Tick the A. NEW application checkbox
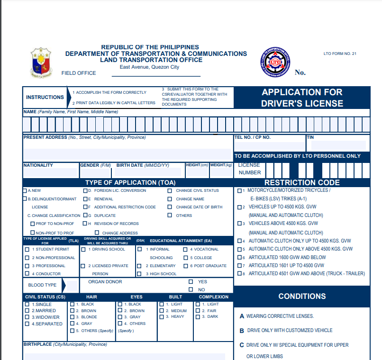25,191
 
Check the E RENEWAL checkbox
85,199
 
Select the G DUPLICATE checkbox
85,215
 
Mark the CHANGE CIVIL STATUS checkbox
169,191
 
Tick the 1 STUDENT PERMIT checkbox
27,249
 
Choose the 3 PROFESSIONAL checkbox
27,266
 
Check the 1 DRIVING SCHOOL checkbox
83,249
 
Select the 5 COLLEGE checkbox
185,258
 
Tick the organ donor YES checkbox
191,282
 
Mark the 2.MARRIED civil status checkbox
27,311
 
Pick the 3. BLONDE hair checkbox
72,317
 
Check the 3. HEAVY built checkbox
162,316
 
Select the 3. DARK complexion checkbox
198,317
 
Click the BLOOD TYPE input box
72,286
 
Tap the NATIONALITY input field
50,172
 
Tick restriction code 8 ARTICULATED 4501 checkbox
239,273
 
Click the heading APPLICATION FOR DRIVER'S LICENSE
302,98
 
